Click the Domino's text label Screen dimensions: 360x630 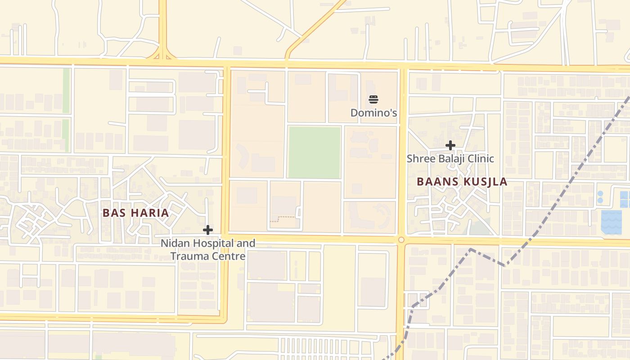pyautogui.click(x=373, y=112)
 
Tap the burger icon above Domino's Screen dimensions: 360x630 pyautogui.click(x=373, y=99)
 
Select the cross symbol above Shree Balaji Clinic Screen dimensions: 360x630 pyautogui.click(x=450, y=145)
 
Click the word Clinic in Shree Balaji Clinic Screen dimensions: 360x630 pyautogui.click(x=480, y=159)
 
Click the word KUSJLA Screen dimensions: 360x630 pyautogui.click(x=484, y=182)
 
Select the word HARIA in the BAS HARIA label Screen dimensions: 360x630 pyautogui.click(x=149, y=213)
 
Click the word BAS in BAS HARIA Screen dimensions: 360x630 pyautogui.click(x=112, y=213)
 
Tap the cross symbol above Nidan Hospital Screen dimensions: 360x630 pyautogui.click(x=207, y=230)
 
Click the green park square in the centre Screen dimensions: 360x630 pyautogui.click(x=314, y=152)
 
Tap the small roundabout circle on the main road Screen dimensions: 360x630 pyautogui.click(x=401, y=240)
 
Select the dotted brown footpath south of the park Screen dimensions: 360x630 pyautogui.click(x=283, y=217)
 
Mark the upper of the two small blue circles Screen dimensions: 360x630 pyautogui.click(x=600, y=193)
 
